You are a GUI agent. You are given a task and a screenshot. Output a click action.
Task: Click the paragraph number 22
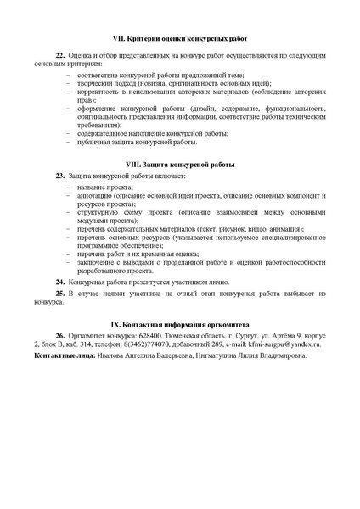pyautogui.click(x=59, y=53)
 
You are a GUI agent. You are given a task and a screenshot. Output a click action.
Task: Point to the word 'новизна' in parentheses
pyautogui.click(x=166, y=85)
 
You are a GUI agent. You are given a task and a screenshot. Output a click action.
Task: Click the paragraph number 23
pyautogui.click(x=59, y=175)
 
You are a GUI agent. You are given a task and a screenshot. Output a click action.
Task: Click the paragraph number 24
pyautogui.click(x=59, y=280)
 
